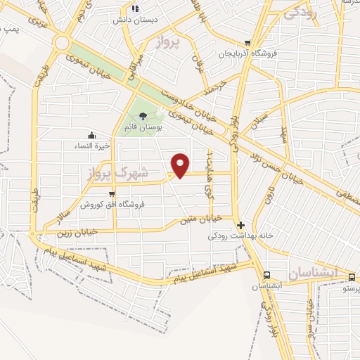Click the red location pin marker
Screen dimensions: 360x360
point(181,165)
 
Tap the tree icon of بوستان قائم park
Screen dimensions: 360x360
point(143,115)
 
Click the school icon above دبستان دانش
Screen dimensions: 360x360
point(134,8)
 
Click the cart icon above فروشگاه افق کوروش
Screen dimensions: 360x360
point(112,193)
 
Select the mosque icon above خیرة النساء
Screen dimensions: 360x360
point(91,135)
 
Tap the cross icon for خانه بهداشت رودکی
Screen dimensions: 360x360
point(241,226)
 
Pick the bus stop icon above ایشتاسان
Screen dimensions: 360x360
point(266,275)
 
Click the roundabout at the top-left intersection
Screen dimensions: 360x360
point(61,44)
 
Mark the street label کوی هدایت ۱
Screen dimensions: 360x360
point(208,171)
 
